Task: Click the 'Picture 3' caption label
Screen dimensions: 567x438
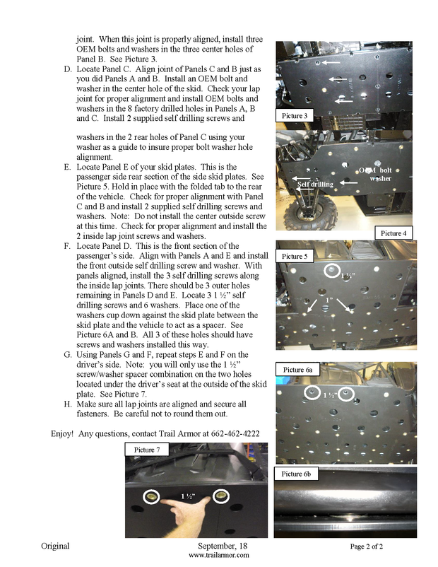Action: pos(295,115)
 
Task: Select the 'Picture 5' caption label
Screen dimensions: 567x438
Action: pos(295,255)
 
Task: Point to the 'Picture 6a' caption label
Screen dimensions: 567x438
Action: pos(300,370)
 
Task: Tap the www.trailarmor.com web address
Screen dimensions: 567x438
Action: pos(218,556)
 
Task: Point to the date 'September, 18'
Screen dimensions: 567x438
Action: pos(218,546)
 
